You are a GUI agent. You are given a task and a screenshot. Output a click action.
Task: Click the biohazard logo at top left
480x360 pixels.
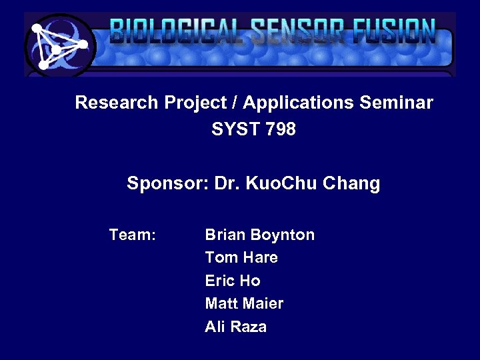click(x=59, y=45)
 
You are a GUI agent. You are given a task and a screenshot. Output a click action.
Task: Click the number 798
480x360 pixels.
click(x=280, y=129)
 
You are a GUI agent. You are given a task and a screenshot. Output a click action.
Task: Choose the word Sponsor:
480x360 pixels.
click(x=167, y=183)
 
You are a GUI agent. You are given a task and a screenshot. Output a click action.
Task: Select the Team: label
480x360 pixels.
click(x=133, y=235)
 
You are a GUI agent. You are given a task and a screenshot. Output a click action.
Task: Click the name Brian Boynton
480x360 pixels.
click(x=259, y=235)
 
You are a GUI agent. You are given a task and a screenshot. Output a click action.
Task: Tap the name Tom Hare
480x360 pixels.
click(x=241, y=257)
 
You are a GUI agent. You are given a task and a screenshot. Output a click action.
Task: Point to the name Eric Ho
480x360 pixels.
click(x=233, y=281)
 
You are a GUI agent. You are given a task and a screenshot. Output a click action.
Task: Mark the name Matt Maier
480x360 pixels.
click(x=244, y=303)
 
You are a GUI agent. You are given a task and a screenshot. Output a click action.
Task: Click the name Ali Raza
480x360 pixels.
click(x=236, y=327)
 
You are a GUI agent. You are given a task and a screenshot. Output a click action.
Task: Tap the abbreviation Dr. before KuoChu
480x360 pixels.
click(x=227, y=183)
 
